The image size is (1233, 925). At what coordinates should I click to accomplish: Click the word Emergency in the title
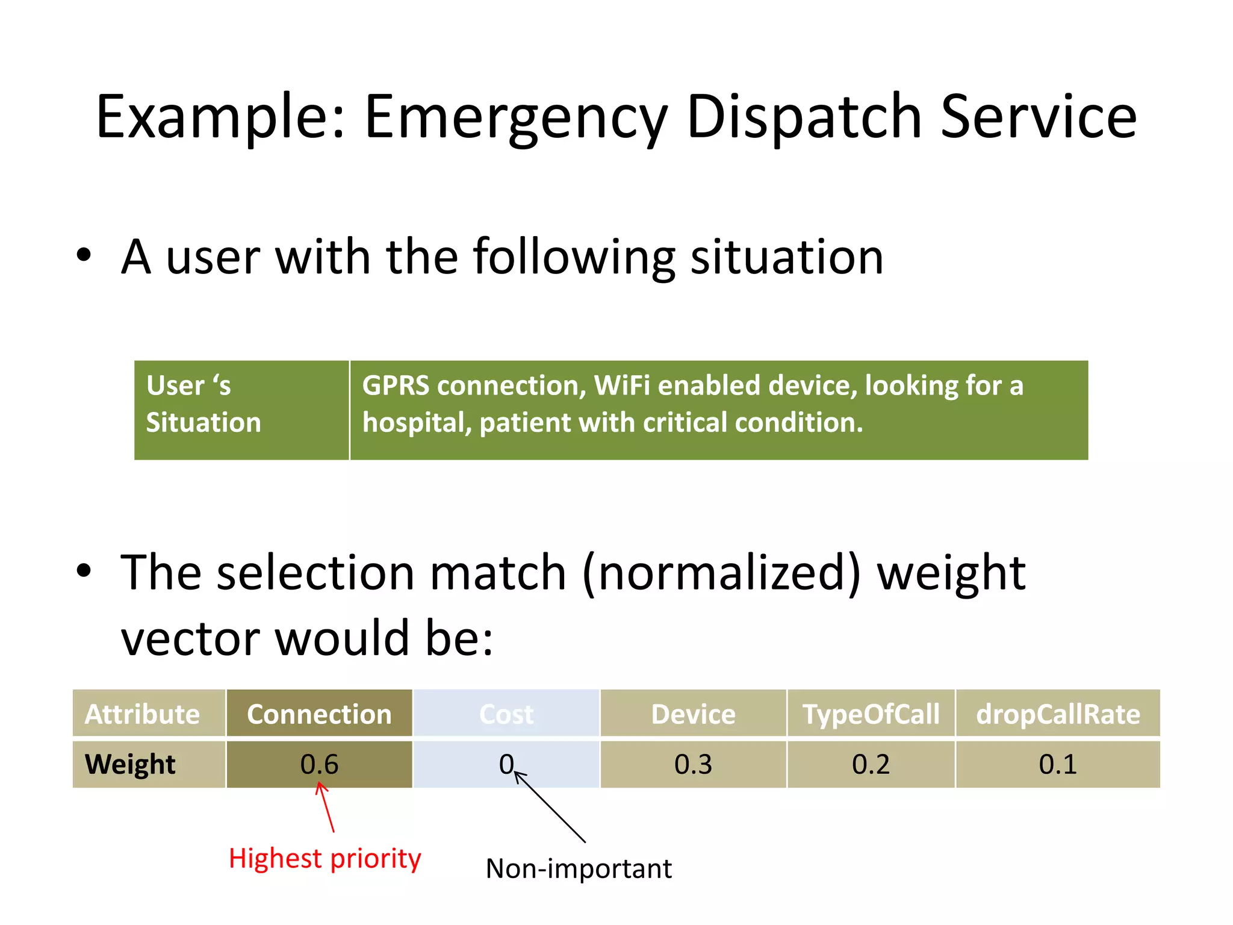pyautogui.click(x=516, y=117)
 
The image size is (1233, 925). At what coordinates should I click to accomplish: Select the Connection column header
pyautogui.click(x=319, y=714)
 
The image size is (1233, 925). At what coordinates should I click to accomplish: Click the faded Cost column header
pyautogui.click(x=506, y=714)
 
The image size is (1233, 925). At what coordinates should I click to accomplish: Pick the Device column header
pyautogui.click(x=693, y=714)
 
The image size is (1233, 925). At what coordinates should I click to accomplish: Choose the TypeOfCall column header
pyautogui.click(x=871, y=714)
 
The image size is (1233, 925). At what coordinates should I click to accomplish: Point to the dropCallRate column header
pyautogui.click(x=1058, y=714)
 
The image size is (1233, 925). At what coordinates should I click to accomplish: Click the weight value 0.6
pyautogui.click(x=319, y=764)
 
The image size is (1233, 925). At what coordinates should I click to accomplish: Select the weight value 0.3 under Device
pyautogui.click(x=693, y=764)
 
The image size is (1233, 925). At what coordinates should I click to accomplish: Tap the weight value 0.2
pyautogui.click(x=871, y=764)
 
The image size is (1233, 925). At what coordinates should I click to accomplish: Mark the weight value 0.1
pyautogui.click(x=1058, y=764)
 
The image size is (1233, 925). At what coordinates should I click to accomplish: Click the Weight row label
pyautogui.click(x=130, y=764)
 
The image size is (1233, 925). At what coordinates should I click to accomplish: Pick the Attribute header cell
pyautogui.click(x=142, y=714)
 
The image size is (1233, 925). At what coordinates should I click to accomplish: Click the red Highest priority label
pyautogui.click(x=325, y=858)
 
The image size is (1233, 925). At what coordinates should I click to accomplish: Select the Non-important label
pyautogui.click(x=579, y=868)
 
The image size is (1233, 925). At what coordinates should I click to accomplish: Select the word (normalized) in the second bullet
pyautogui.click(x=721, y=573)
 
